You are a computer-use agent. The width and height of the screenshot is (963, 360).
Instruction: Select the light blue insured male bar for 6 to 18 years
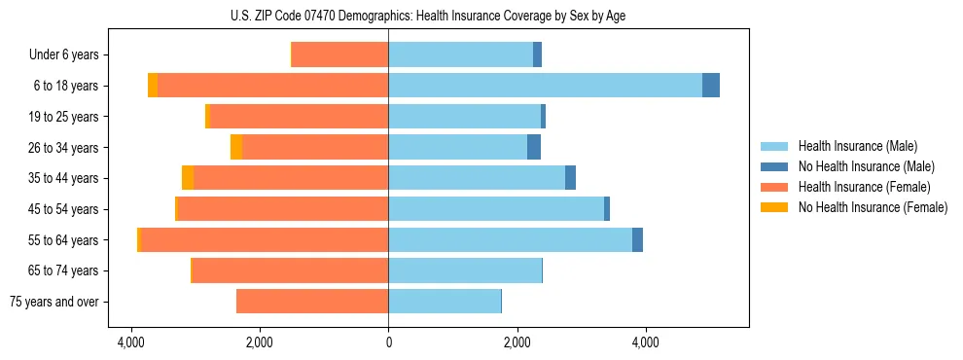(545, 86)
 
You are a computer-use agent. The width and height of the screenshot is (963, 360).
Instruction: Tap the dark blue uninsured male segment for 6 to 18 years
(711, 86)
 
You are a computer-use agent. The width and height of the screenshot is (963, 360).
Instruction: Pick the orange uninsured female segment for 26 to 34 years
(236, 147)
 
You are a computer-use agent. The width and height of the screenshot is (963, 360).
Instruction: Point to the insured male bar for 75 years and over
(445, 302)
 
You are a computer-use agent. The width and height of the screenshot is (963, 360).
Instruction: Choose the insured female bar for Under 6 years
(340, 54)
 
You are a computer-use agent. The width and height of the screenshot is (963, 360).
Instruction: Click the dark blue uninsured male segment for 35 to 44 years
(570, 178)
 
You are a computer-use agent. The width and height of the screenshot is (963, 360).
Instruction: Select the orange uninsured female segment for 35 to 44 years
(188, 178)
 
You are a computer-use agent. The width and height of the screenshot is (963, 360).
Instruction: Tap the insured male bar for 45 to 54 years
(496, 209)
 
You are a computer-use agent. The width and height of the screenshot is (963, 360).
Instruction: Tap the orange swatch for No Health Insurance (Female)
(775, 207)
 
